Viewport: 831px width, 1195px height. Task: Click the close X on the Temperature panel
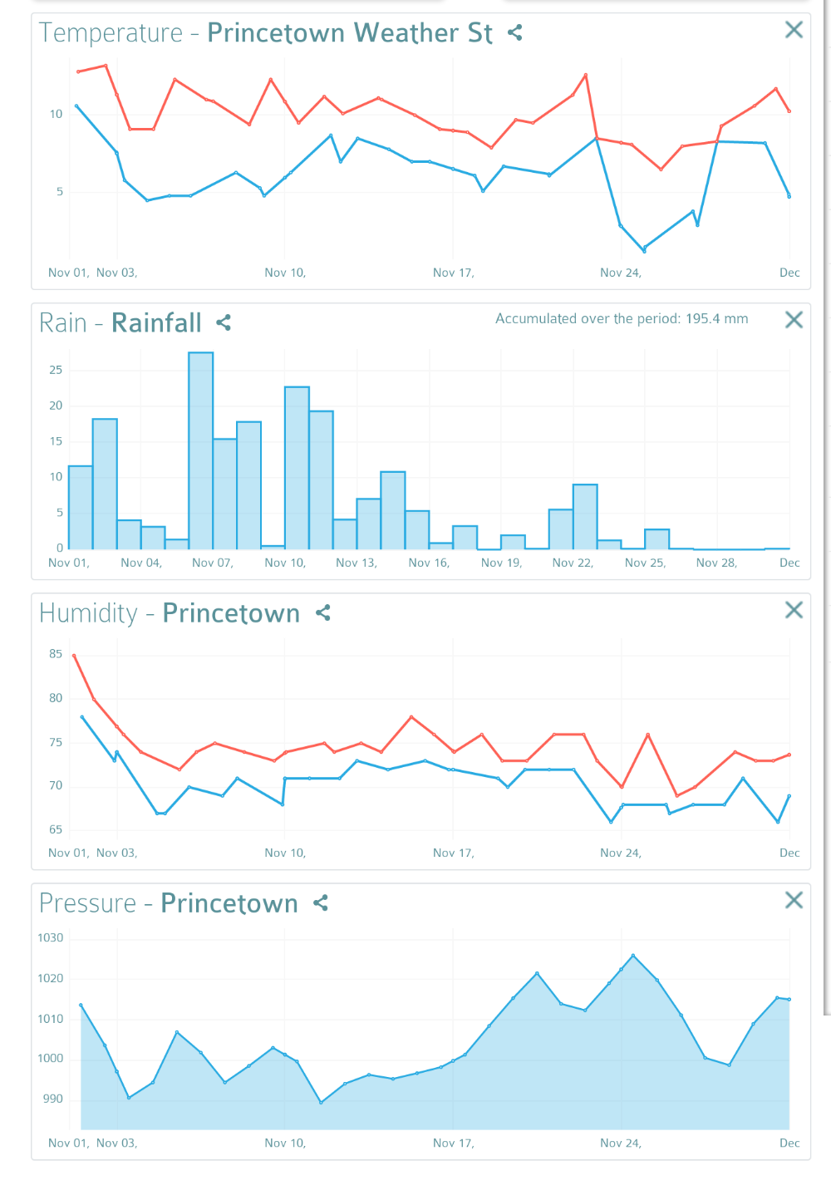click(794, 30)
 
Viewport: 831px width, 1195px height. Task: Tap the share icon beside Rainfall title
click(224, 322)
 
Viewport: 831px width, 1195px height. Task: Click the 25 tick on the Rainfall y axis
click(56, 370)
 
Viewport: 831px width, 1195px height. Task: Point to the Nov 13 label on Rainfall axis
click(356, 563)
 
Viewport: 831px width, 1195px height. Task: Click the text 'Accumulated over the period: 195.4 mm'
click(622, 318)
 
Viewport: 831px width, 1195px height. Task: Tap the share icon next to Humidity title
click(323, 612)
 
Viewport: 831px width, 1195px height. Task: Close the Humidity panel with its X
click(794, 610)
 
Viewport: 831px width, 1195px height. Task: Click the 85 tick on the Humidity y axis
click(56, 654)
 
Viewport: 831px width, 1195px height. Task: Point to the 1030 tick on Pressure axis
click(51, 937)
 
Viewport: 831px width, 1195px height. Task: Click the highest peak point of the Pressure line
click(633, 956)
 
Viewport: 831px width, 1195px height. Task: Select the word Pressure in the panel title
click(87, 903)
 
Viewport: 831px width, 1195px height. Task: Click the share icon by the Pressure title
click(321, 902)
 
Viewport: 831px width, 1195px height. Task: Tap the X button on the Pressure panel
click(794, 900)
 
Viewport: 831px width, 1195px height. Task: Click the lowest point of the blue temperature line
click(644, 250)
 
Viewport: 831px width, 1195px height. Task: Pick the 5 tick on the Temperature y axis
click(59, 191)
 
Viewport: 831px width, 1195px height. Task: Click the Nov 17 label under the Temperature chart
click(453, 273)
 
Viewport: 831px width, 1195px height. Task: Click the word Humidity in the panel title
click(88, 613)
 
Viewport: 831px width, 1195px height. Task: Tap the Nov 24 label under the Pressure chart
click(620, 1143)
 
